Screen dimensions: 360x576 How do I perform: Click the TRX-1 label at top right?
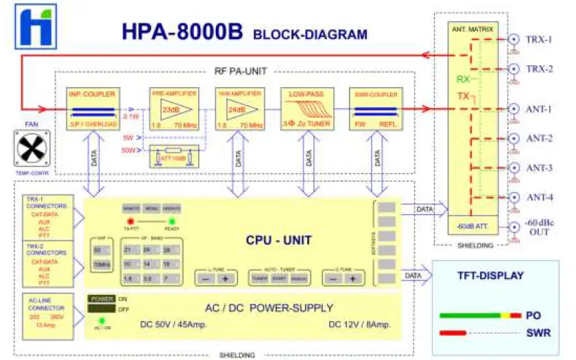[x=539, y=40]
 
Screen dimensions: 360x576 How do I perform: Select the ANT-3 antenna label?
[x=539, y=168]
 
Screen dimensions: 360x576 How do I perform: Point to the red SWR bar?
[x=459, y=333]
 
